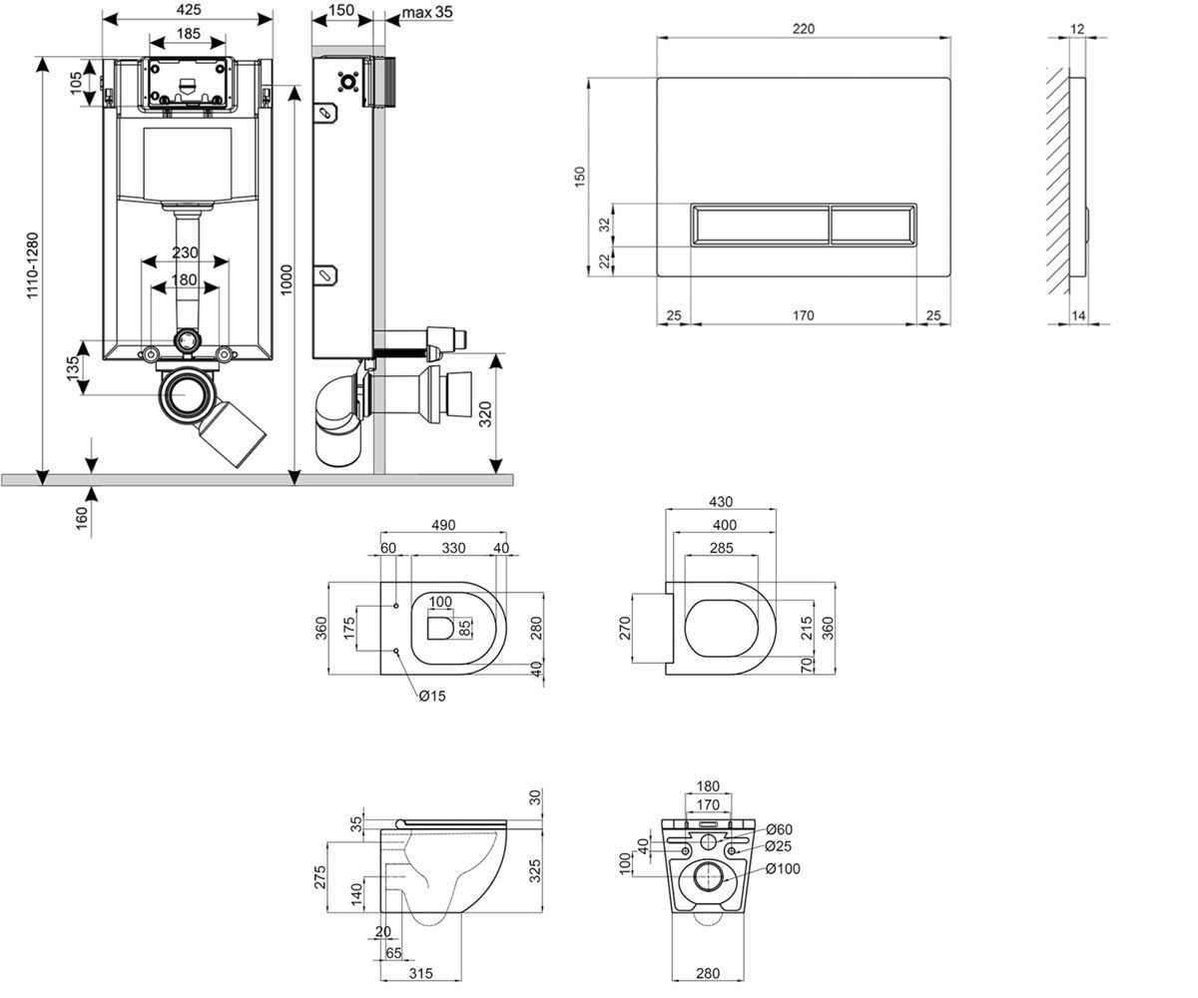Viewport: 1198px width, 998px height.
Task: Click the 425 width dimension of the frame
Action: [189, 10]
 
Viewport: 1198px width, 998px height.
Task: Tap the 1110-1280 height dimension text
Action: [33, 265]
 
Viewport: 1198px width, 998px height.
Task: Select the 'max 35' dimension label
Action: [427, 12]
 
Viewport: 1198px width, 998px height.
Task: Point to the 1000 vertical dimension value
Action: [287, 279]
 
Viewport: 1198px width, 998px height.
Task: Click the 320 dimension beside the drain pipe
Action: [485, 414]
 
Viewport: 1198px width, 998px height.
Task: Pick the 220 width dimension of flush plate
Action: [804, 29]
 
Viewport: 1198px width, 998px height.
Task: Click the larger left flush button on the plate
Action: [761, 225]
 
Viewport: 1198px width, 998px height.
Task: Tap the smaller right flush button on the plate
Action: [873, 225]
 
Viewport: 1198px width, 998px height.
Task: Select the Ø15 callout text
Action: [432, 696]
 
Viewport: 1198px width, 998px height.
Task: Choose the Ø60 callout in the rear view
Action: [779, 829]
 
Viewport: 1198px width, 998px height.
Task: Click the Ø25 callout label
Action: [779, 846]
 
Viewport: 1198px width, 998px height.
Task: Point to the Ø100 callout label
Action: [783, 869]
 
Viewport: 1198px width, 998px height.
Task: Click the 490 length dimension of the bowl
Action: [443, 525]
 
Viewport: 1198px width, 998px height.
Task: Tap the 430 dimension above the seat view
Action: [721, 502]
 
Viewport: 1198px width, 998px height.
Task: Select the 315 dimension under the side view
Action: [420, 973]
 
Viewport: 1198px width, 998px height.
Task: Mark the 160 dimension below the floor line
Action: [82, 519]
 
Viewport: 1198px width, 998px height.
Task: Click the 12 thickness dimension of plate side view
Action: [1077, 29]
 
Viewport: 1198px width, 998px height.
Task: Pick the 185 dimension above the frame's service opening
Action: [189, 33]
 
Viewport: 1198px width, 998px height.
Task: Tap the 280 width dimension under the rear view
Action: [708, 973]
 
